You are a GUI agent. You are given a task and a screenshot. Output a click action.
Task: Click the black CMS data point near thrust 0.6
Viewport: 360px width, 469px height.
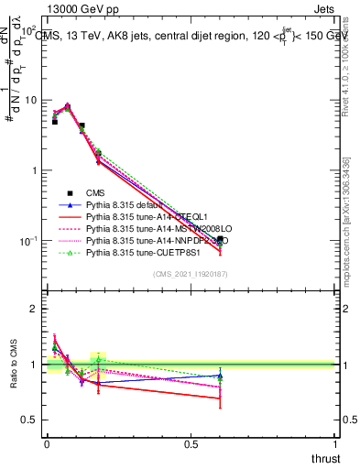click(x=220, y=239)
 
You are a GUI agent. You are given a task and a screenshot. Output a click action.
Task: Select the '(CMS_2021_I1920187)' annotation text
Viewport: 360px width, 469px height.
click(x=191, y=274)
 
